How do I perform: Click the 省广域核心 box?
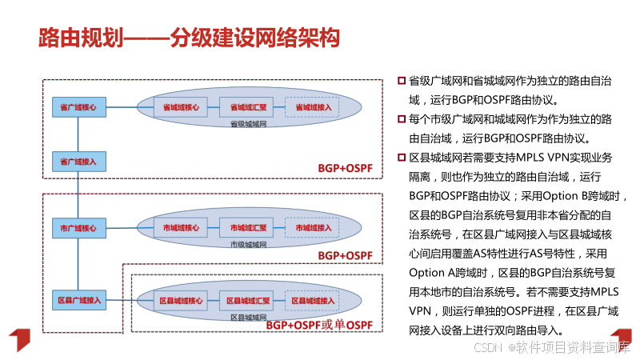78,106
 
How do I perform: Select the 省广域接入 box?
78,162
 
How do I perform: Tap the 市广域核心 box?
78,227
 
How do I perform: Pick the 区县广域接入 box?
78,300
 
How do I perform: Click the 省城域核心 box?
179,106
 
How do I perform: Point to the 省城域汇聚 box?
247,106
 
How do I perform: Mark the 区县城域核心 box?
179,300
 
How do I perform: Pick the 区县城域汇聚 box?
247,300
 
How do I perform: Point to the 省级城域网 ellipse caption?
247,125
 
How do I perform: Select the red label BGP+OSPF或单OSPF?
319,325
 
